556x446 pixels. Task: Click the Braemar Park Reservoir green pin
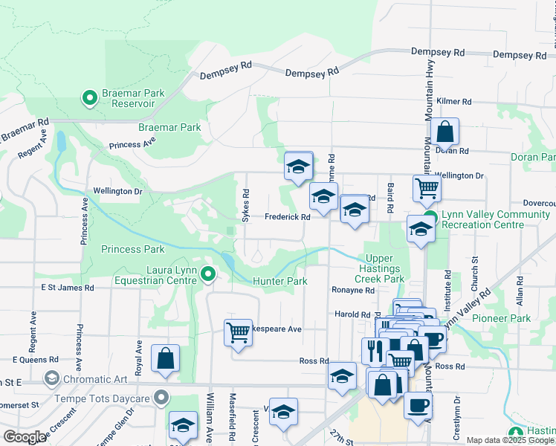point(89,97)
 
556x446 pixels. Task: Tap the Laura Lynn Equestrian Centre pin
point(208,275)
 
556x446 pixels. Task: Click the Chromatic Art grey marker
point(51,379)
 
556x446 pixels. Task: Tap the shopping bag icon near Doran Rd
point(444,133)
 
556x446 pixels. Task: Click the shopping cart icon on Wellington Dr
point(427,189)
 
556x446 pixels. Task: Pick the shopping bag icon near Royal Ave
point(164,358)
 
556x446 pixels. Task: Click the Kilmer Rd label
point(455,101)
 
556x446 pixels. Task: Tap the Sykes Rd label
point(245,204)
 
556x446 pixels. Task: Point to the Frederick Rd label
point(287,217)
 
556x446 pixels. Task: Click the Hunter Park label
point(279,282)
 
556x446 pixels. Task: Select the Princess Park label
point(133,249)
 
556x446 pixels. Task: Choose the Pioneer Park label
point(505,318)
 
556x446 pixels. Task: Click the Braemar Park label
point(169,127)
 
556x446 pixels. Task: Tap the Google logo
point(25,436)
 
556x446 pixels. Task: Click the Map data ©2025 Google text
point(510,440)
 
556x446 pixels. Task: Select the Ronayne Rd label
point(354,291)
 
